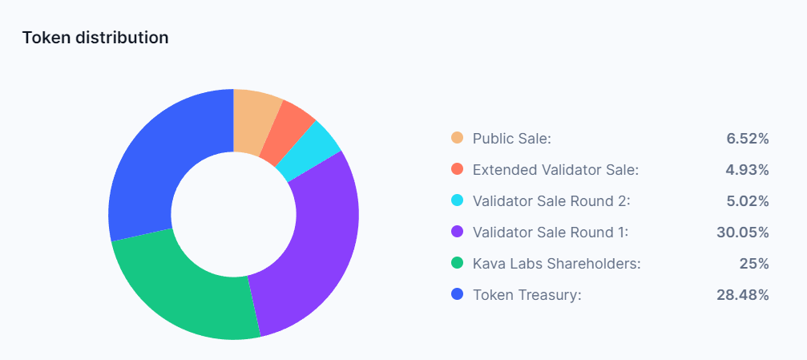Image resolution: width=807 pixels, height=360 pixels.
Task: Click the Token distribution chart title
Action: click(x=95, y=38)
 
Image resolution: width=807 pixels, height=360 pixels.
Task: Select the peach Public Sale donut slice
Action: click(x=254, y=121)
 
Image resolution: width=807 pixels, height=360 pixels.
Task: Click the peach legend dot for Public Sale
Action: click(x=458, y=139)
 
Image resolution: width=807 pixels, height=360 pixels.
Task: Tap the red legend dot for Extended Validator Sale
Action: click(x=458, y=170)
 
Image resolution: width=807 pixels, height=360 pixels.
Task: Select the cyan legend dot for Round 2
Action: click(x=458, y=201)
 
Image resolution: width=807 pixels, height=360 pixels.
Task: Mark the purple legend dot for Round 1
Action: click(x=458, y=233)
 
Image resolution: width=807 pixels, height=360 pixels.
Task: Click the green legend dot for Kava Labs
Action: click(x=458, y=264)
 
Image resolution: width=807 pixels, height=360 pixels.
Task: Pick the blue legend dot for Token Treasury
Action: click(x=458, y=295)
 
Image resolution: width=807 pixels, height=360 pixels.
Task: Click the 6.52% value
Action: click(x=748, y=139)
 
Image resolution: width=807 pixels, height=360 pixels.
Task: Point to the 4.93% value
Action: click(x=748, y=170)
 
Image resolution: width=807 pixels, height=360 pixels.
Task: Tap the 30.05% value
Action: click(x=743, y=233)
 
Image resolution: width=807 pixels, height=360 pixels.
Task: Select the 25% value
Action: click(x=754, y=264)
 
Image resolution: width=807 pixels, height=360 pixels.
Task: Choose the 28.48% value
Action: click(x=743, y=295)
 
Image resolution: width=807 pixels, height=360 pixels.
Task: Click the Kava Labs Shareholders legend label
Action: click(x=556, y=264)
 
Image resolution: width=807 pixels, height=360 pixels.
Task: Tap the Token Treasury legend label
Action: click(x=527, y=295)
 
